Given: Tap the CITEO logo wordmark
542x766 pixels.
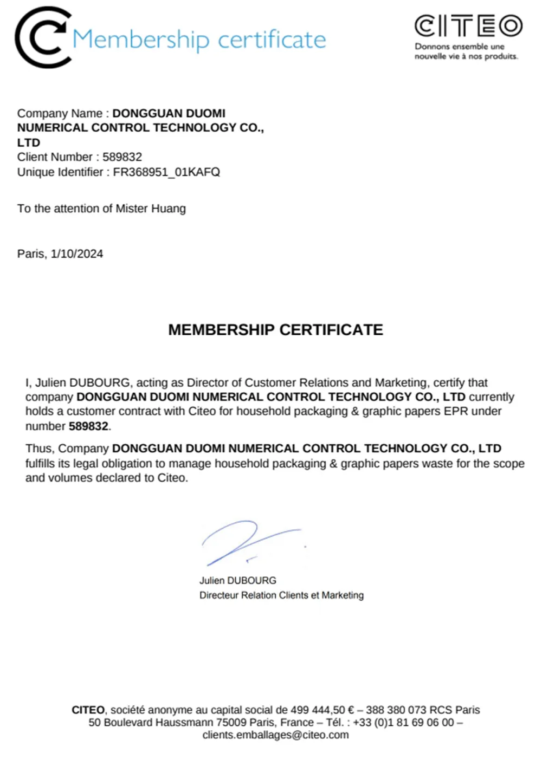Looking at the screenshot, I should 468,26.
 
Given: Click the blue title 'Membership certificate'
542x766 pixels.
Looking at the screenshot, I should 199,40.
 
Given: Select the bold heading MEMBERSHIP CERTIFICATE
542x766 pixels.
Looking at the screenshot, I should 275,329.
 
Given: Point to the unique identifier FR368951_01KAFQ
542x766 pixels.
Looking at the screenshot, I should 166,172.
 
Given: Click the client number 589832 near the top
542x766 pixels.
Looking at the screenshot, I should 122,157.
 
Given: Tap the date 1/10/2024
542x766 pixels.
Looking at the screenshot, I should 77,254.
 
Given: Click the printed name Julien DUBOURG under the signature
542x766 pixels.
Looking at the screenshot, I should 237,580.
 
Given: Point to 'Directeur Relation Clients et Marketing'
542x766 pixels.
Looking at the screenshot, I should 281,595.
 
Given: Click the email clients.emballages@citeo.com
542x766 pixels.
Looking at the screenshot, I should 275,735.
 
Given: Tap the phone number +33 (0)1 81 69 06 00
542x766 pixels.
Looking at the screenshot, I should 403,722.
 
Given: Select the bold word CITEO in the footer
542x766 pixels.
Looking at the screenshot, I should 88,710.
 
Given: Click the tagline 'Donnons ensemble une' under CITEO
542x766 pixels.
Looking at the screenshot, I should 459,47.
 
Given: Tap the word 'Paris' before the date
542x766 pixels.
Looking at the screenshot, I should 31,254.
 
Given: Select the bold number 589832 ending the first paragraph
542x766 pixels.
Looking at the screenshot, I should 88,426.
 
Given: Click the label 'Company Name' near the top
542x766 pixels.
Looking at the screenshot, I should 60,113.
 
